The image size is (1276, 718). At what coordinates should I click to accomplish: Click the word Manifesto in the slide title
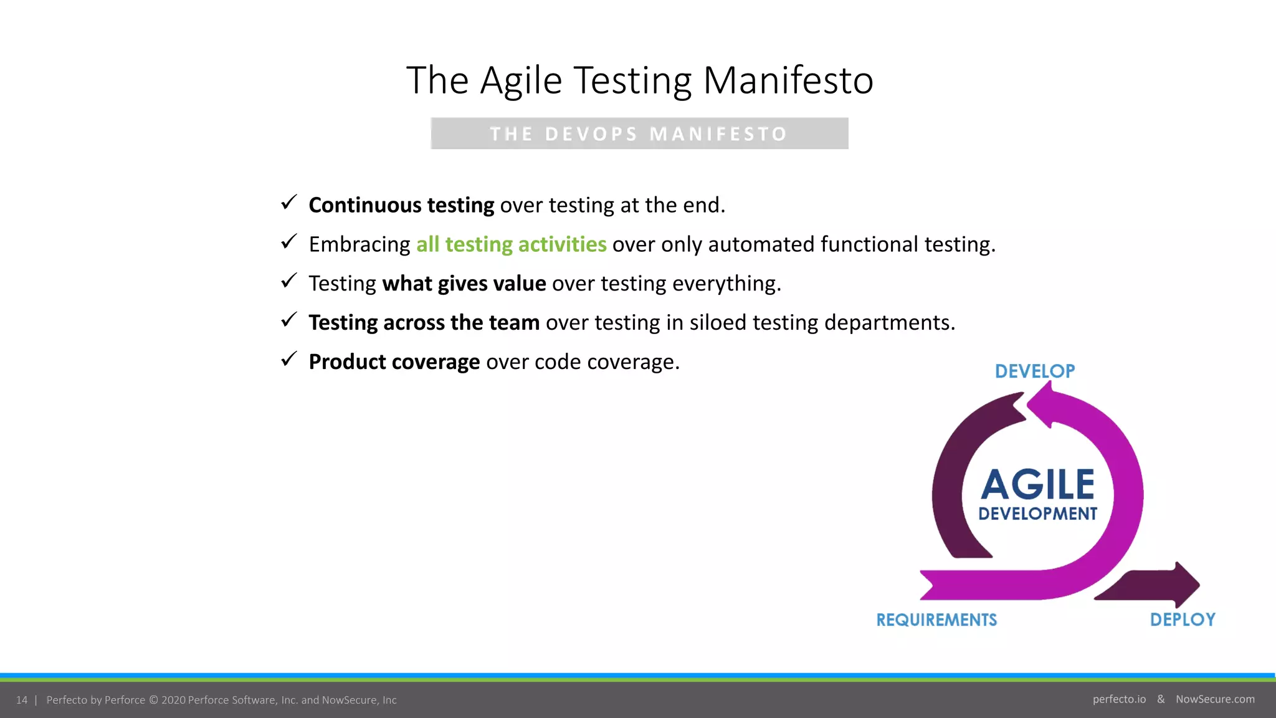point(788,80)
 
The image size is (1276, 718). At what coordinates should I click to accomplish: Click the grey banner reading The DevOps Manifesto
point(639,133)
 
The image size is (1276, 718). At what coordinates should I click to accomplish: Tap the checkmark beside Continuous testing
point(288,203)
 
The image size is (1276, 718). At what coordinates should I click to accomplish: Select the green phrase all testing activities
point(511,244)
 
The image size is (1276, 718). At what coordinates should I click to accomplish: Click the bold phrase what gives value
point(464,284)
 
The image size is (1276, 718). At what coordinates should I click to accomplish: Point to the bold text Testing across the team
point(424,323)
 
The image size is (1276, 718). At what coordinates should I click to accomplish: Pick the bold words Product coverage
point(394,362)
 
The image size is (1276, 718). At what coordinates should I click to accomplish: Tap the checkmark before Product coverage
point(288,359)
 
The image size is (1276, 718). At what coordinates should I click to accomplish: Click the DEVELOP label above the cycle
point(1034,371)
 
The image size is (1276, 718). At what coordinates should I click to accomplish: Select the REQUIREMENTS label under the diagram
point(936,620)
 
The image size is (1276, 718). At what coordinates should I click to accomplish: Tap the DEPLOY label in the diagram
point(1182,620)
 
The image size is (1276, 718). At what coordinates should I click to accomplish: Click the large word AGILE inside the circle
point(1037,485)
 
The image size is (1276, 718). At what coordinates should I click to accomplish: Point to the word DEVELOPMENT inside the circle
point(1037,514)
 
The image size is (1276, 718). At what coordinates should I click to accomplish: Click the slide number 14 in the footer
point(22,700)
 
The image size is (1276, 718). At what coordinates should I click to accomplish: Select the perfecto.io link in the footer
point(1119,699)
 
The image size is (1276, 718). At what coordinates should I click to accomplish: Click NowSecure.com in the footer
point(1215,699)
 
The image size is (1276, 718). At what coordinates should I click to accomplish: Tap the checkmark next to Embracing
point(288,242)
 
